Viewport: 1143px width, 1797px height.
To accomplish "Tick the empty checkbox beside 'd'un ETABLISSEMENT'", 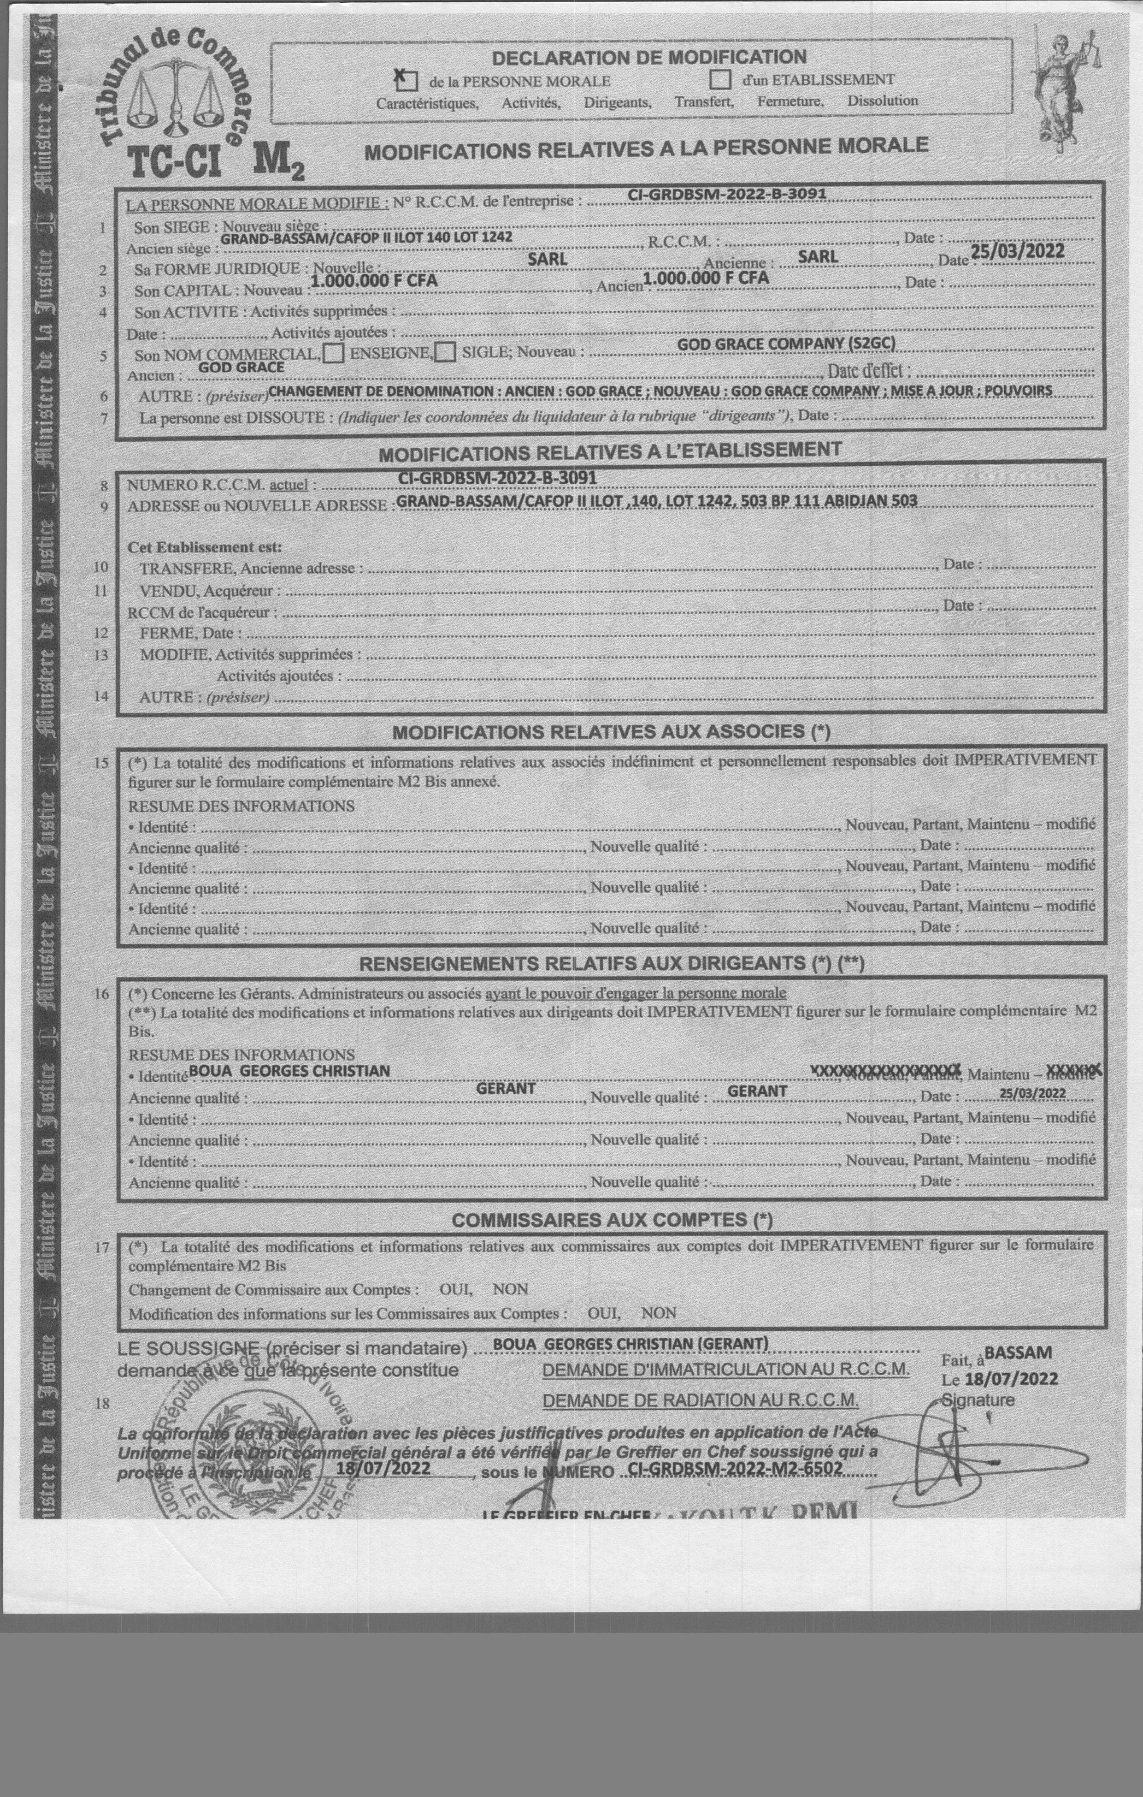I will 720,78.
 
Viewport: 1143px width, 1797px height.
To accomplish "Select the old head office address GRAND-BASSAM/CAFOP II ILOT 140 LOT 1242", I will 366,237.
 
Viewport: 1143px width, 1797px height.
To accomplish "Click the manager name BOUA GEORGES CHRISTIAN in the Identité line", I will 289,1071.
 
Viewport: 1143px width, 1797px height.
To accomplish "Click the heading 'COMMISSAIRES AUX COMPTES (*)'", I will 612,1220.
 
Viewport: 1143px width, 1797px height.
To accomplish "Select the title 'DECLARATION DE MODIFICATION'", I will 649,57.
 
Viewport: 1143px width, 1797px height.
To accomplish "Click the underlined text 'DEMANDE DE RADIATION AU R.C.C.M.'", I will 700,1401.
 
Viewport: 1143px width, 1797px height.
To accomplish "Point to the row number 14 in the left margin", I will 101,696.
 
